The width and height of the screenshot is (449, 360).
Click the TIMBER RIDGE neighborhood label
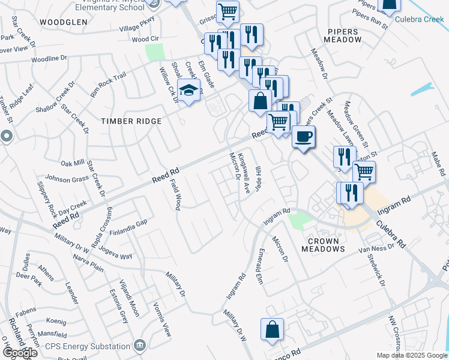131,121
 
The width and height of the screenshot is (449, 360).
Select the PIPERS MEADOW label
343,35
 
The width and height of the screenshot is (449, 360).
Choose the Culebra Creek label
420,19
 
